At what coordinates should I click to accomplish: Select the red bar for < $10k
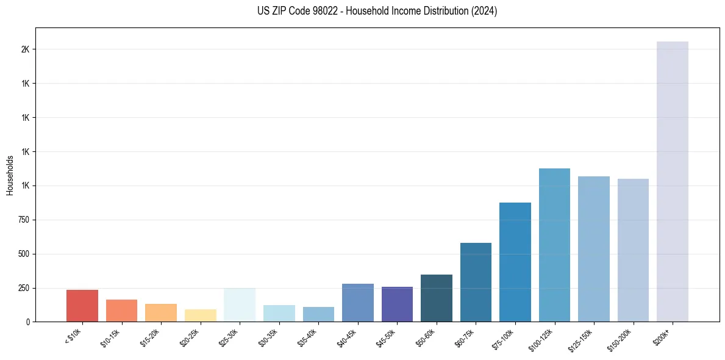[x=82, y=306]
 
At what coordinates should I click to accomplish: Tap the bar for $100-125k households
[x=554, y=245]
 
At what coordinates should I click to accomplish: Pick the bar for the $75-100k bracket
[x=515, y=262]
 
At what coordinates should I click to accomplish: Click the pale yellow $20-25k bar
[x=200, y=315]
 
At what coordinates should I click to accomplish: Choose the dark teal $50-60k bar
[x=436, y=298]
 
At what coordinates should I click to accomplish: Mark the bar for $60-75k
[x=476, y=283]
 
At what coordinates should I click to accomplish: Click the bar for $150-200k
[x=633, y=250]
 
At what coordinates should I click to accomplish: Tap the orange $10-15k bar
[x=121, y=311]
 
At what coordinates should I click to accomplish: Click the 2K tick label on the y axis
[x=25, y=49]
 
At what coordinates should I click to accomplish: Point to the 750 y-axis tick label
[x=23, y=220]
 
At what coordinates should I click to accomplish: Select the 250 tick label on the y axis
[x=23, y=288]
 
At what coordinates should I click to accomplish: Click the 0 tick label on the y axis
[x=27, y=322]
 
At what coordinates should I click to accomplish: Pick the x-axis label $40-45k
[x=347, y=337]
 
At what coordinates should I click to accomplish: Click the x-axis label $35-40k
[x=307, y=337]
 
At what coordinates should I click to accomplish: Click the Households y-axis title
[x=10, y=175]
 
